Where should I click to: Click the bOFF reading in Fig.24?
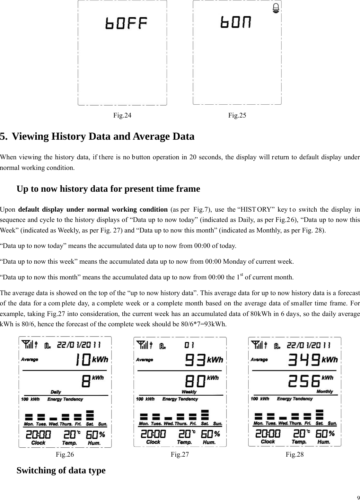pos(127,24)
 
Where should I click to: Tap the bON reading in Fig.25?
pos(236,22)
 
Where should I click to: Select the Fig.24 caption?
pos(122,115)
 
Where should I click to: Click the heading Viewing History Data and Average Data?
pos(103,136)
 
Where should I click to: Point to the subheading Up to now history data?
pos(108,189)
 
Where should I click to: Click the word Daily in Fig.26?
pos(56,392)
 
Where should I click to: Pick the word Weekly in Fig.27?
pos(189,392)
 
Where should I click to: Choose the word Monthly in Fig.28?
pos(324,391)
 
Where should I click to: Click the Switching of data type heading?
pos(61,470)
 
